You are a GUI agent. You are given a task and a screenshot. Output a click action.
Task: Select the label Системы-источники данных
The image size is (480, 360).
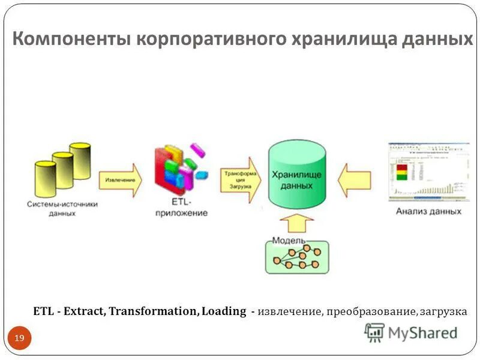click(62, 208)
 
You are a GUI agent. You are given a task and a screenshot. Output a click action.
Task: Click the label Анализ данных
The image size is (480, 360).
click(428, 211)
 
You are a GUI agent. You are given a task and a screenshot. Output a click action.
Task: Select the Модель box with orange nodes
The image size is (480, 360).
click(298, 256)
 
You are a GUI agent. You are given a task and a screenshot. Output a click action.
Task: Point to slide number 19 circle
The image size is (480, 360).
click(19, 339)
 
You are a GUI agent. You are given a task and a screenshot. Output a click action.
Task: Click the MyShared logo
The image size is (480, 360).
click(412, 332)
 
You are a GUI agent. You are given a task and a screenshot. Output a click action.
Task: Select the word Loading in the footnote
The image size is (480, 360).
click(224, 311)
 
